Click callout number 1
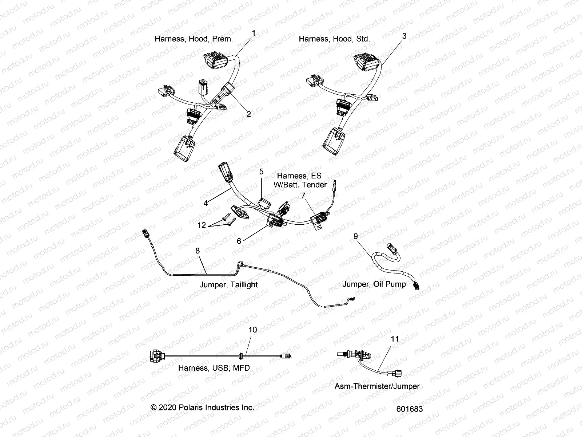pyautogui.click(x=254, y=33)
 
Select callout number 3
pyautogui.click(x=404, y=36)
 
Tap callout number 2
pyautogui.click(x=249, y=114)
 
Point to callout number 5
pyautogui.click(x=261, y=171)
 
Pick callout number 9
pyautogui.click(x=355, y=236)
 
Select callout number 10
pyautogui.click(x=252, y=330)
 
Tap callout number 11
pyautogui.click(x=395, y=339)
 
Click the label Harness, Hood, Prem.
pyautogui.click(x=194, y=39)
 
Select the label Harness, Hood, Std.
pyautogui.click(x=334, y=39)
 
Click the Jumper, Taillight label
pyautogui.click(x=228, y=285)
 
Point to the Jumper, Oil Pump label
pyautogui.click(x=374, y=284)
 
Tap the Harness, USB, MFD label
pyautogui.click(x=214, y=368)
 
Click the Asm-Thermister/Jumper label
pyautogui.click(x=377, y=386)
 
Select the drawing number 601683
pyautogui.click(x=410, y=409)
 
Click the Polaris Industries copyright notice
pyautogui.click(x=202, y=408)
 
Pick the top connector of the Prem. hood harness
pyautogui.click(x=215, y=63)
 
